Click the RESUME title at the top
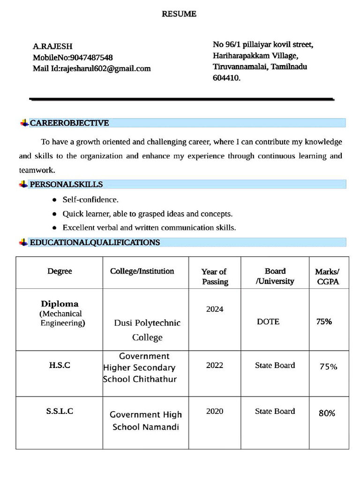179,14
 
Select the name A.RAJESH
52,46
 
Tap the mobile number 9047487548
91,58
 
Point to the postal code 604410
226,78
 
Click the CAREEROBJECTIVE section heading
69,123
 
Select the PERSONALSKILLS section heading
66,184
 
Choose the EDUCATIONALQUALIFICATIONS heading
95,242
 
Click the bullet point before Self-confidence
54,200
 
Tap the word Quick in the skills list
73,214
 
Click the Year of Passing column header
215,277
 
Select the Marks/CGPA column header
327,277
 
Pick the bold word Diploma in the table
60,304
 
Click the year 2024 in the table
215,309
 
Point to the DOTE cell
268,322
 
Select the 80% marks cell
327,413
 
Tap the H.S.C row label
60,365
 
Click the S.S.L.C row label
60,411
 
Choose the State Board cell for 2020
275,411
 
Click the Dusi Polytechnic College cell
147,330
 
